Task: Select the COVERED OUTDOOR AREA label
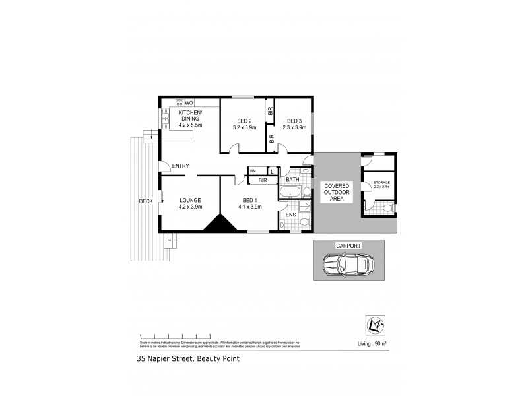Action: pyautogui.click(x=337, y=192)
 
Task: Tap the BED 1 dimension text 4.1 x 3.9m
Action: pyautogui.click(x=250, y=207)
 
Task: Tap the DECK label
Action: pyautogui.click(x=146, y=201)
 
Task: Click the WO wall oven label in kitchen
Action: pyautogui.click(x=189, y=103)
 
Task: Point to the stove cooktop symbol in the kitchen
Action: pyautogui.click(x=179, y=103)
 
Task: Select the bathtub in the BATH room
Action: pyautogui.click(x=291, y=192)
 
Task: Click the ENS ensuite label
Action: pyautogui.click(x=290, y=214)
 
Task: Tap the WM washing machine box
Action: pyautogui.click(x=252, y=171)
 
